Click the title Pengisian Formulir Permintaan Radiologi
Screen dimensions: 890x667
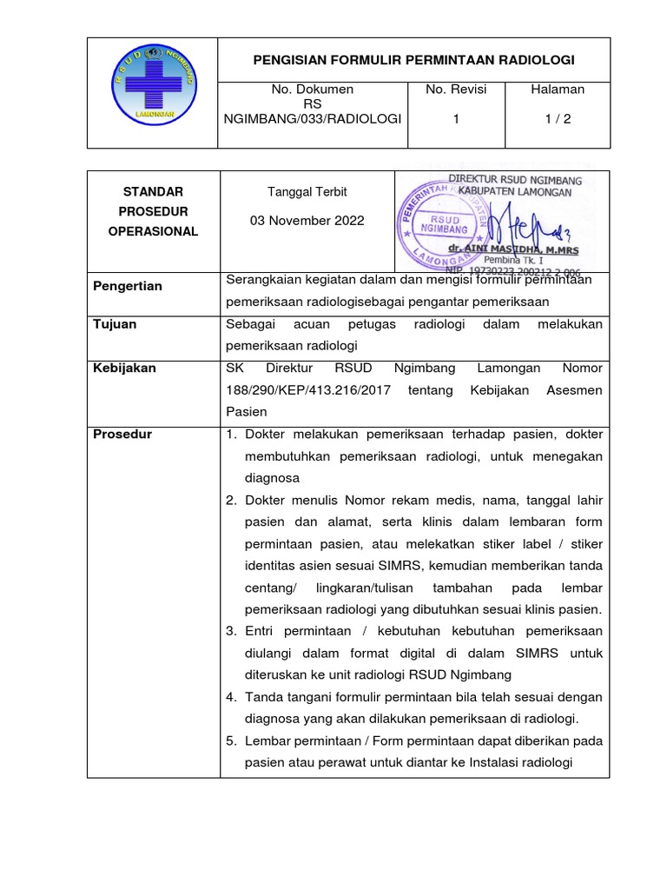point(413,60)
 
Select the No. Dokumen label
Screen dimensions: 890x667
point(312,90)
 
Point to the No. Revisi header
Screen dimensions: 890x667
point(457,90)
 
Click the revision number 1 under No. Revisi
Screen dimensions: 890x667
point(456,120)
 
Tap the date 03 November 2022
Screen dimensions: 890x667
point(307,221)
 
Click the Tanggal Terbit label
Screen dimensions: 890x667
point(308,192)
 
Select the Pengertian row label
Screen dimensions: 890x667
point(128,286)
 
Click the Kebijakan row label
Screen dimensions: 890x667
point(124,368)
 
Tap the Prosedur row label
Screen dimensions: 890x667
point(122,434)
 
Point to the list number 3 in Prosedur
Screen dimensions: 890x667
point(232,630)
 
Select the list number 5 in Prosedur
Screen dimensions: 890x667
point(232,741)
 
